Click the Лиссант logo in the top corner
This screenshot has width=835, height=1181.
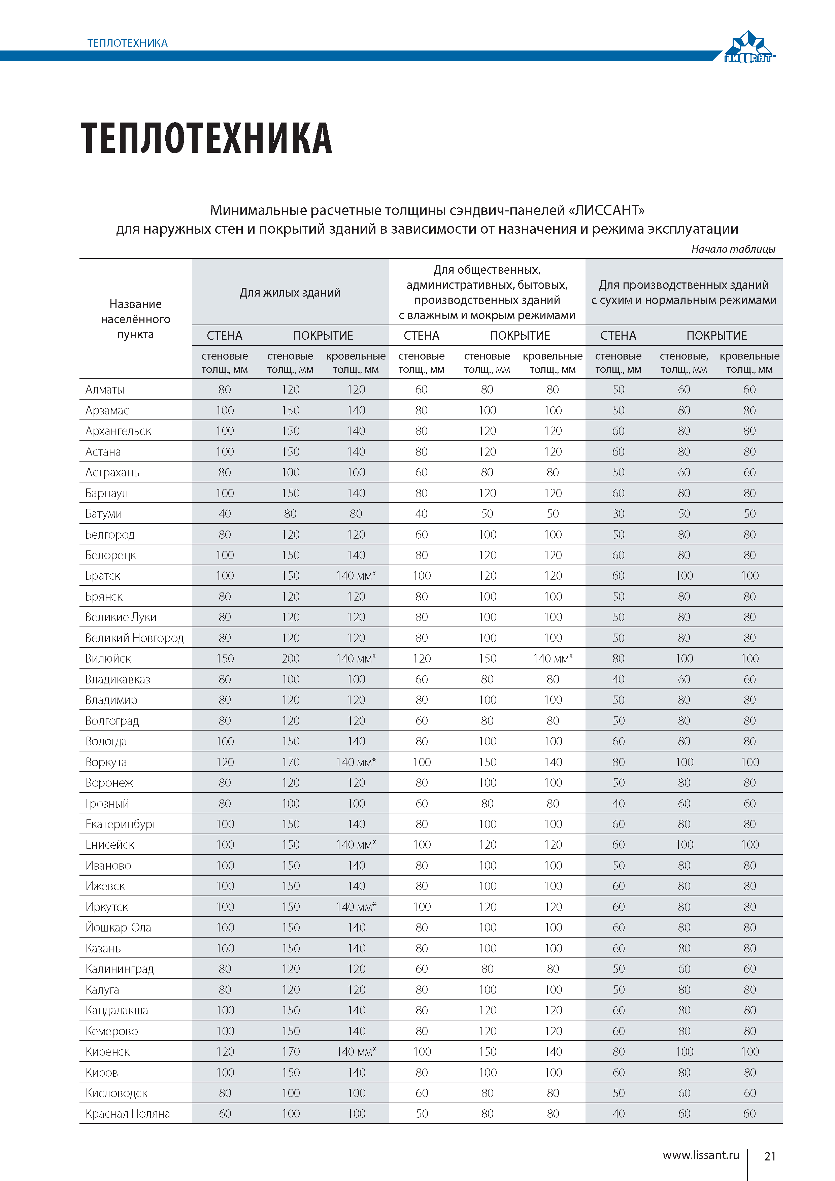coord(749,47)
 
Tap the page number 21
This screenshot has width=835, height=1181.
coord(770,1156)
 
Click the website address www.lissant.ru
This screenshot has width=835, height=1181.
coord(701,1155)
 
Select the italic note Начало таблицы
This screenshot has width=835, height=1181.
coord(733,249)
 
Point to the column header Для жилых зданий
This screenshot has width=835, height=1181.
coord(290,293)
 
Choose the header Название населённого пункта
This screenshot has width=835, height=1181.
coord(135,319)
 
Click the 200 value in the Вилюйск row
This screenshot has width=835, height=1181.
coord(291,659)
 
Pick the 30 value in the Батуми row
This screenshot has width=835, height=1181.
coord(619,513)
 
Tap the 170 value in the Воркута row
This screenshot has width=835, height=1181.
coord(291,762)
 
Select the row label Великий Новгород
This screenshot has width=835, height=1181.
coord(134,638)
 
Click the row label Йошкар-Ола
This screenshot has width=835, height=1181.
coord(118,927)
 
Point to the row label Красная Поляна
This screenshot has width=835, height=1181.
coord(128,1114)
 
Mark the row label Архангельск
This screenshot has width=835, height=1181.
coord(118,431)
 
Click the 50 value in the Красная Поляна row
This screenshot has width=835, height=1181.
coord(422,1114)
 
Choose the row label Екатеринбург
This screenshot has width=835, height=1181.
coord(121,824)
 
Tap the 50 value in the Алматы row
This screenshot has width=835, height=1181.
coord(619,390)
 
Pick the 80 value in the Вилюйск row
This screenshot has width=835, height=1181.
coord(619,659)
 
